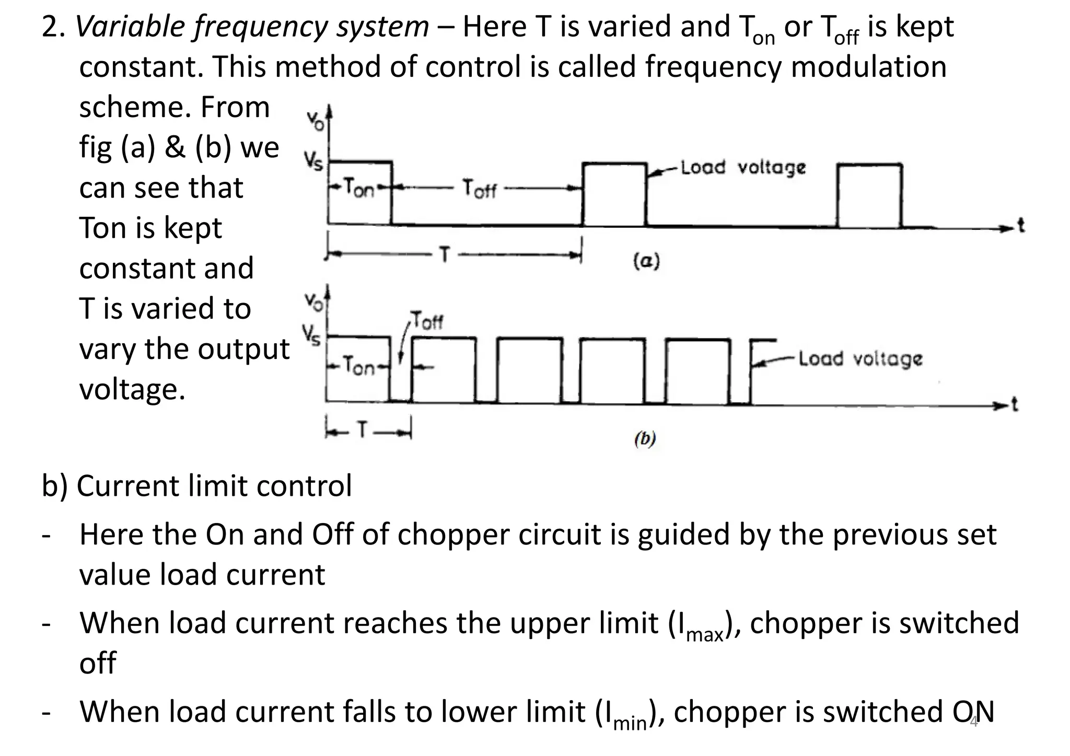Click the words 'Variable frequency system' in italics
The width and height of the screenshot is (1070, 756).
pos(252,27)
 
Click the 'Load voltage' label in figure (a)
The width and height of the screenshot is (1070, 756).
pos(743,168)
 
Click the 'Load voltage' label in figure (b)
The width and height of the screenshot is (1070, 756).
pos(860,359)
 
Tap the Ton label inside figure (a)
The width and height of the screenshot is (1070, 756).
pos(359,188)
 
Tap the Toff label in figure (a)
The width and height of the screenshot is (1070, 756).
pos(479,189)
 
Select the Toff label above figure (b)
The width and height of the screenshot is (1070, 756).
pos(427,320)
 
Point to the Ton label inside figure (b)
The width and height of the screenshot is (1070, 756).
pos(359,367)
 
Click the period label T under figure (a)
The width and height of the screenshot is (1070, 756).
pos(445,255)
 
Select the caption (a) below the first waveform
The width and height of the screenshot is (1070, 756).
pos(646,260)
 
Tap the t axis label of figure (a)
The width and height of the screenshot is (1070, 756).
pos(1021,226)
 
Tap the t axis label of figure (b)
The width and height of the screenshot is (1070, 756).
pos(1015,404)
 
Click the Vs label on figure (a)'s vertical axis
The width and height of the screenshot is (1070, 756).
pos(314,162)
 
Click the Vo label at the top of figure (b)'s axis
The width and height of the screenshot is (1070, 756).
pos(314,302)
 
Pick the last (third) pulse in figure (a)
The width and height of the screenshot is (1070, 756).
pos(869,195)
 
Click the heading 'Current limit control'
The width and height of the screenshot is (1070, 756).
pos(214,486)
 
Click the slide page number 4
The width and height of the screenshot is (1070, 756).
pos(973,723)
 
